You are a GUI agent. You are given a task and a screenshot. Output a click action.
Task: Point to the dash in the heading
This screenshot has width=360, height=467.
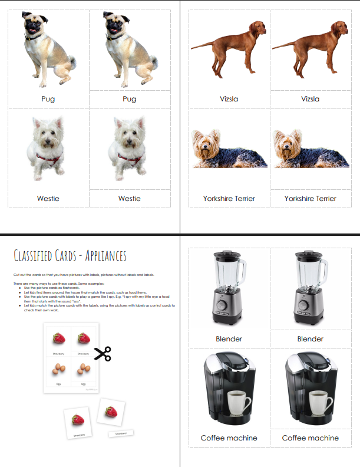(x=82, y=256)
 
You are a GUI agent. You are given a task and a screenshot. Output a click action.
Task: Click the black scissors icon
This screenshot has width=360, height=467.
(x=103, y=353)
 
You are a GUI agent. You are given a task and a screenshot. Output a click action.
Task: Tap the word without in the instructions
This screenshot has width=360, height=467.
(x=118, y=275)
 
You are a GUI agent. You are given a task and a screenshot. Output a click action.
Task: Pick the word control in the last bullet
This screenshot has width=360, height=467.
(x=147, y=306)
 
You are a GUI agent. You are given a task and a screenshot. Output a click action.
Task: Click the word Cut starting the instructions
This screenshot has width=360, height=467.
(x=15, y=275)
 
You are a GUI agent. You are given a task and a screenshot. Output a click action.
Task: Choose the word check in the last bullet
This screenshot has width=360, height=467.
(x=27, y=311)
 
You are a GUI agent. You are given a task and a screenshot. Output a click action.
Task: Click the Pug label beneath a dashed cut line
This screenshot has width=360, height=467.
(x=129, y=99)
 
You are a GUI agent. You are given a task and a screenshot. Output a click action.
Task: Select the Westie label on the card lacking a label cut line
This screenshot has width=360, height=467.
(x=48, y=198)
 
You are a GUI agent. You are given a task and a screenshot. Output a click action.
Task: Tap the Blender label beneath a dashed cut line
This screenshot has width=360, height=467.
(x=310, y=338)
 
